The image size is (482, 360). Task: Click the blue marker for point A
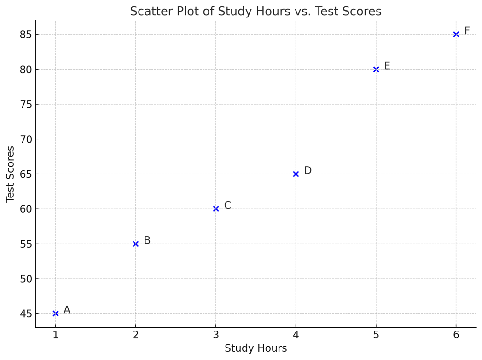click(x=56, y=314)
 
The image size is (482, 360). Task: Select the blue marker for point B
click(x=135, y=244)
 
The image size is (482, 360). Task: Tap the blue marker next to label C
click(x=216, y=209)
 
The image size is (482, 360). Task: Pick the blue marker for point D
click(x=296, y=174)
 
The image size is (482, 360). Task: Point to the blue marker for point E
click(x=376, y=70)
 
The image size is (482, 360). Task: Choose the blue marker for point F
click(x=456, y=35)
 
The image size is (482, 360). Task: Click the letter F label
click(x=467, y=31)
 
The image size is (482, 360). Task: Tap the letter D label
click(x=308, y=171)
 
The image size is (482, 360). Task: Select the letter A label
click(x=67, y=310)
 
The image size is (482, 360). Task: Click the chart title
click(x=256, y=11)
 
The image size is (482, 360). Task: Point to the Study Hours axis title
click(x=256, y=348)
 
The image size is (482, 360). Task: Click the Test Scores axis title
click(x=11, y=174)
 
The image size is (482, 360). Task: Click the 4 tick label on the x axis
click(x=296, y=335)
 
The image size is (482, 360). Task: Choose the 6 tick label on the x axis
click(x=456, y=335)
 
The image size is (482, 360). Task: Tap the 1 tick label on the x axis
click(x=56, y=335)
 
